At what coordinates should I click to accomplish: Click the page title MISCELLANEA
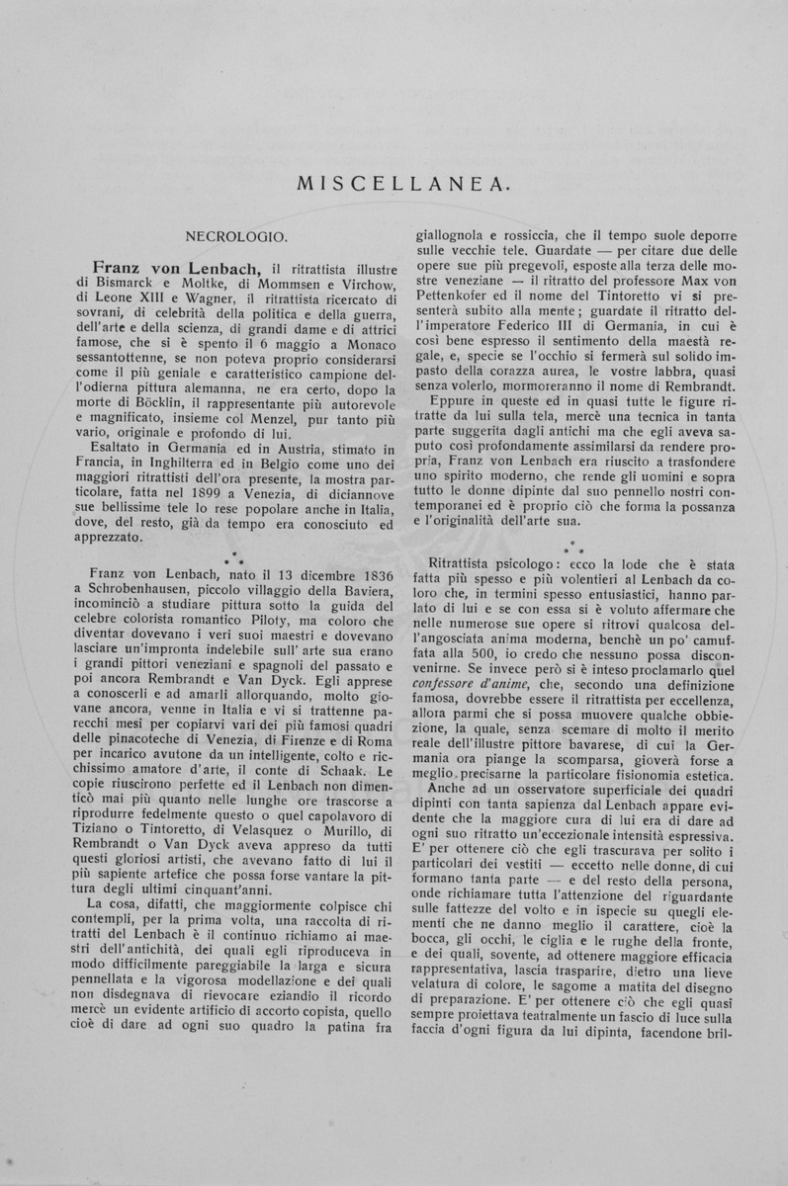[x=393, y=183]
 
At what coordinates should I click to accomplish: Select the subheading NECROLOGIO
[x=236, y=237]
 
